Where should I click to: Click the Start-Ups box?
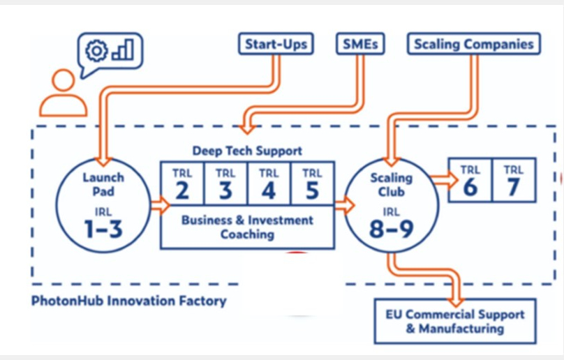pyautogui.click(x=276, y=44)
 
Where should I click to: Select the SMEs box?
pyautogui.click(x=360, y=44)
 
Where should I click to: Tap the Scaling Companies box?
pyautogui.click(x=474, y=44)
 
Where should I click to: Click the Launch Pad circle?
pyautogui.click(x=103, y=203)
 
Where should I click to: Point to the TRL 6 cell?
pyautogui.click(x=470, y=179)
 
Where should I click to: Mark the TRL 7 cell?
pyautogui.click(x=514, y=179)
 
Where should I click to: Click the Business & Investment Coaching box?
pyautogui.click(x=247, y=227)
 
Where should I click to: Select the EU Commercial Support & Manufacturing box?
pyautogui.click(x=455, y=321)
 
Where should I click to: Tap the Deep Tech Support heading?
pyautogui.click(x=247, y=151)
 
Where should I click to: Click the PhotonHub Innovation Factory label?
pyautogui.click(x=129, y=301)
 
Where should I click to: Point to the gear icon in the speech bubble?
pyautogui.click(x=96, y=50)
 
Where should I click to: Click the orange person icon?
pyautogui.click(x=63, y=95)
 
